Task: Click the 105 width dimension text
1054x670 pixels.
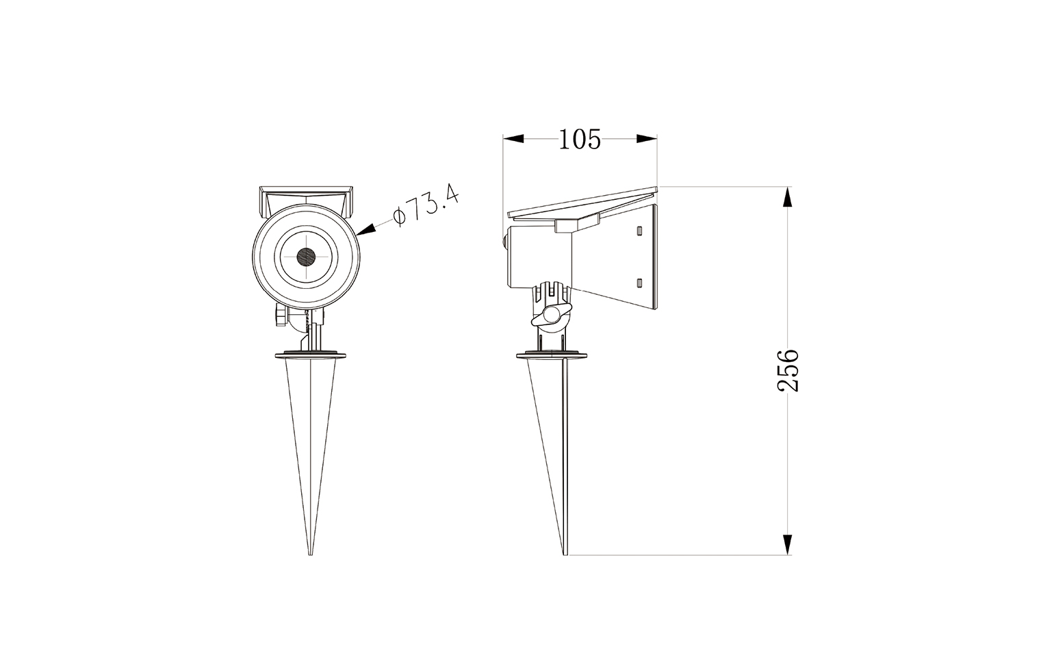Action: pos(580,140)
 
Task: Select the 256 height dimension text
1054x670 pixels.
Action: pos(788,370)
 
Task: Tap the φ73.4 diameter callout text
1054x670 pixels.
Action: pos(426,206)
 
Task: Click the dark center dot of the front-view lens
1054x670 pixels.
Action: pos(307,257)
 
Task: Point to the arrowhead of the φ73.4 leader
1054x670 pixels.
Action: pos(365,230)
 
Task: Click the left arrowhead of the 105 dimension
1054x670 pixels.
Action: pos(513,139)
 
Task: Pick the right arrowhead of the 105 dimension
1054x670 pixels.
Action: pos(647,139)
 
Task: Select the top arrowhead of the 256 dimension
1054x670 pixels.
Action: pos(787,197)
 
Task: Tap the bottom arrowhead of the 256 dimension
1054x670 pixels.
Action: pos(787,544)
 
